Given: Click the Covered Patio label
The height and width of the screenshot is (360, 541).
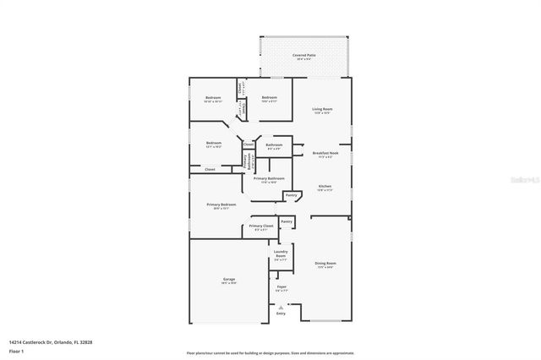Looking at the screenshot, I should point(304,56).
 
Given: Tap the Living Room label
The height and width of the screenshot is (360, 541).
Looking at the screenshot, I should point(322,110).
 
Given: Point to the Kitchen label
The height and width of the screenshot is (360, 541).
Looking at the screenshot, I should point(325,188).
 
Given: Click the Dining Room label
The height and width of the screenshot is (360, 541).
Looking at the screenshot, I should point(325,265).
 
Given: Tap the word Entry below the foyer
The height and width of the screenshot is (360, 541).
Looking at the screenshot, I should point(281,314).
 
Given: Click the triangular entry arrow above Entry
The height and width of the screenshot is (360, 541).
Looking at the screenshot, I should point(281,306).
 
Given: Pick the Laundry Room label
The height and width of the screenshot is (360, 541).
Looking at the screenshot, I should point(281,254).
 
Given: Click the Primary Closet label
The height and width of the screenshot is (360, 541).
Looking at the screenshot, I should point(260,227).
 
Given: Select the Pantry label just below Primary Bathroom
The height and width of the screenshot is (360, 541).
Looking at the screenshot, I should point(292,195).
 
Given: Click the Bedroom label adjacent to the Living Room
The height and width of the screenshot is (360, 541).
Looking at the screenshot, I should point(269,99).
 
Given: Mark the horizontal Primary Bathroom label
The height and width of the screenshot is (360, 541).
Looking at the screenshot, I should point(269,179).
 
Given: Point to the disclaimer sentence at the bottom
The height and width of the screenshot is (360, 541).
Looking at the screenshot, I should point(270,352).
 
